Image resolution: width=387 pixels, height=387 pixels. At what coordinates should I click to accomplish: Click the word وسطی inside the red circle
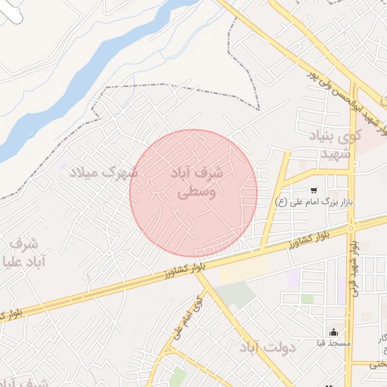196,193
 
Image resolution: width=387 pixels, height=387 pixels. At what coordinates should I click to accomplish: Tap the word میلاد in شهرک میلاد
84,173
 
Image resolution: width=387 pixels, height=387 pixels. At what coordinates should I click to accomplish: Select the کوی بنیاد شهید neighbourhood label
336,145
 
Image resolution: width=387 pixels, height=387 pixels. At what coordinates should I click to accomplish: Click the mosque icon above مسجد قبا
333,332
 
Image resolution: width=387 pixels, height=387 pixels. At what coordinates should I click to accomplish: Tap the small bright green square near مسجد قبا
307,299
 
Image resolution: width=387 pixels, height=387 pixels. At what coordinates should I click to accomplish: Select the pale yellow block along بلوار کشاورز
242,271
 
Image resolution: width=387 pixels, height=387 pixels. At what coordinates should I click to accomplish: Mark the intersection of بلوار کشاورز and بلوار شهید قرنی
352,225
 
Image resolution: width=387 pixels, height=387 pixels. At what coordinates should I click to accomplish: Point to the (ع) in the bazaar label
280,203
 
